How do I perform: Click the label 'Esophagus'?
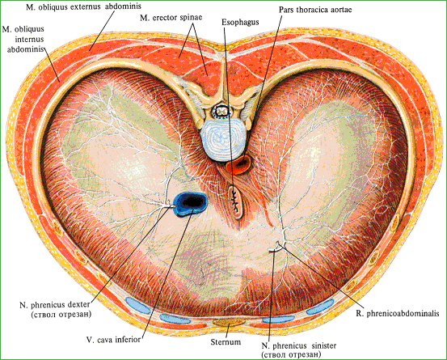[240, 23]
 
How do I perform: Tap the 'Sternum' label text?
[226, 341]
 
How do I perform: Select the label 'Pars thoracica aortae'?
[315, 10]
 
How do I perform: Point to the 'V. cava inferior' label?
[113, 340]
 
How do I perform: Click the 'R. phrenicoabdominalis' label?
[398, 314]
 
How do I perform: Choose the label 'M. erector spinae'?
[171, 18]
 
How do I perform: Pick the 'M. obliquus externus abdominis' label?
[83, 6]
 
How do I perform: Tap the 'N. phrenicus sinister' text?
[299, 346]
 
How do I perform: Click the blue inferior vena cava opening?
[191, 203]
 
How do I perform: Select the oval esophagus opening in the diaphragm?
[235, 202]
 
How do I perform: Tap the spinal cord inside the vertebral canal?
[222, 110]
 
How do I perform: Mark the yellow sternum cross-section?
[229, 323]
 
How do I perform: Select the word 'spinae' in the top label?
[192, 18]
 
